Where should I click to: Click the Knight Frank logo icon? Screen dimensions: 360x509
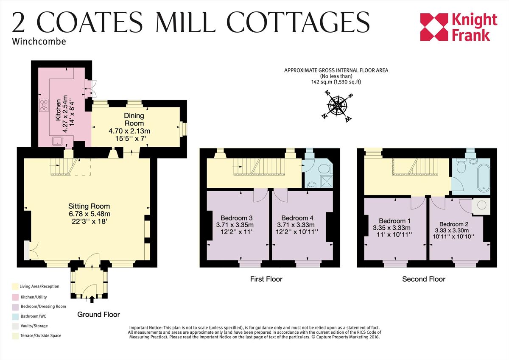coord(434,27)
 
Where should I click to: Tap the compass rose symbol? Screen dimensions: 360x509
coord(338,104)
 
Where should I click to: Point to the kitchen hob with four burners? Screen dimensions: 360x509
coord(44,105)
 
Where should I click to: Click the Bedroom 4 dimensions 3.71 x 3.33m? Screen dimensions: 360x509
coord(296,225)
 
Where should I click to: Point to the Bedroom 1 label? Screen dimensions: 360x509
coord(394,221)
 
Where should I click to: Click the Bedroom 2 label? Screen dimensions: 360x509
coord(453,224)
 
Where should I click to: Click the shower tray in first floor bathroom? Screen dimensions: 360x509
coord(325,181)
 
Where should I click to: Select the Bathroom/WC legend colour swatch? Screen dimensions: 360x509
coord(15,316)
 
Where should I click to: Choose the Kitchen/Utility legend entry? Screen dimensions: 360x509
coord(34,296)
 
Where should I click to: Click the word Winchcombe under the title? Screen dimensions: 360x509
coord(39,42)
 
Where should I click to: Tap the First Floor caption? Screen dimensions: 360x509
coord(266,279)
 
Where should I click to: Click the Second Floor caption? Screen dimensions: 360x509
coord(424,279)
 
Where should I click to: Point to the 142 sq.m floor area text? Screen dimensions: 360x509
coord(336,82)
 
